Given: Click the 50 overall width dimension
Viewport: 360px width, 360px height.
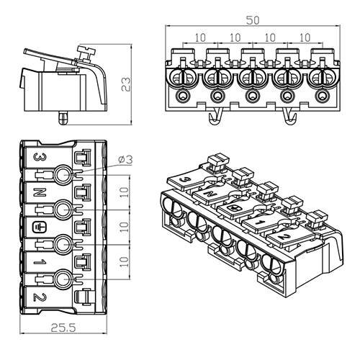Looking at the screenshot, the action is point(253,20).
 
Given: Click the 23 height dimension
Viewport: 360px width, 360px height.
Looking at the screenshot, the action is point(126,84).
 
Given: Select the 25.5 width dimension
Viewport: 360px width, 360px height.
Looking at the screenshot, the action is point(63,328).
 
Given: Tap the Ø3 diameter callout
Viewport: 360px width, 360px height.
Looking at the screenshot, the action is point(125,160).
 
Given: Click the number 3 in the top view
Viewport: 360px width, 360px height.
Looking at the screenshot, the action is point(40,158).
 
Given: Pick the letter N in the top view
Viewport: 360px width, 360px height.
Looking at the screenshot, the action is point(40,192).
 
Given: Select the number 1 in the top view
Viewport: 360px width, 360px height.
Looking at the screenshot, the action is point(40,262).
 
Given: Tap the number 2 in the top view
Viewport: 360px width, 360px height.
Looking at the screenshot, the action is point(40,297).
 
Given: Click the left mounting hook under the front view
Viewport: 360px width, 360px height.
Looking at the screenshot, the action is point(215,117).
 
